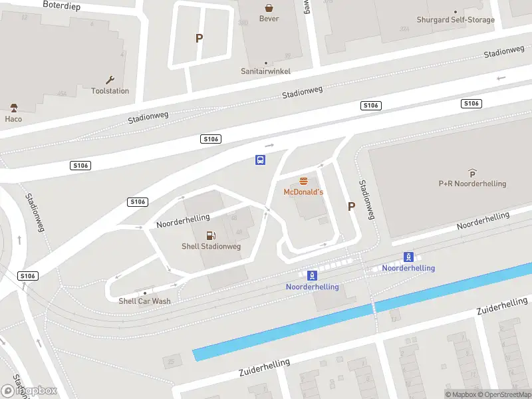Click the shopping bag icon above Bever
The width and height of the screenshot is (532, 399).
[269, 8]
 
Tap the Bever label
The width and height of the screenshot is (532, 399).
[269, 19]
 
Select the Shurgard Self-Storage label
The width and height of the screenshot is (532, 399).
[456, 20]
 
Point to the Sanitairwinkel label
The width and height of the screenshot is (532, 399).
[266, 71]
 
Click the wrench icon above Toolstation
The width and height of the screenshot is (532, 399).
[110, 79]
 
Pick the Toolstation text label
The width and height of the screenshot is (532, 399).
[110, 91]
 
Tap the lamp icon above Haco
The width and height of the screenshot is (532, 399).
[13, 108]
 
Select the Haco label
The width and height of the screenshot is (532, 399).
[13, 120]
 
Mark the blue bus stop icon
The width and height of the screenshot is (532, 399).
[261, 160]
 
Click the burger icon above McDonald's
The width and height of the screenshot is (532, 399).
[303, 181]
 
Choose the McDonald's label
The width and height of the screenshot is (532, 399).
[303, 192]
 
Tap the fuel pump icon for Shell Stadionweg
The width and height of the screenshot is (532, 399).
[211, 235]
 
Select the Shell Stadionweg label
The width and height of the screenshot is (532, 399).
[211, 247]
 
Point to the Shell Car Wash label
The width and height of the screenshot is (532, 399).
[144, 301]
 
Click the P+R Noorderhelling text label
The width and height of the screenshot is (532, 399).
[472, 184]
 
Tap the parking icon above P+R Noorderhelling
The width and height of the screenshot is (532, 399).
[472, 172]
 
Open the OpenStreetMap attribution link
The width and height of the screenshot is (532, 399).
[503, 394]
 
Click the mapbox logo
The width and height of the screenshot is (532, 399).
[29, 391]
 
